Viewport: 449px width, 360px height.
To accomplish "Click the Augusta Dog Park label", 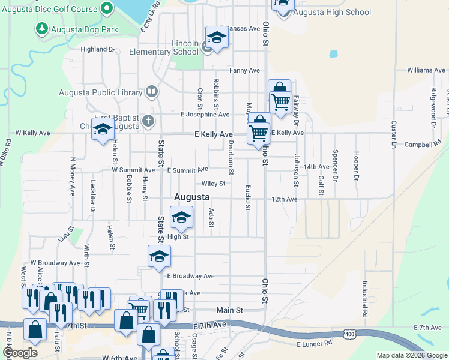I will [x=83, y=28].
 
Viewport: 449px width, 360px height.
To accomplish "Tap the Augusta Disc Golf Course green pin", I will [x=107, y=8].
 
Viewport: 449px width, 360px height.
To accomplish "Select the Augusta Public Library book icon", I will [x=152, y=92].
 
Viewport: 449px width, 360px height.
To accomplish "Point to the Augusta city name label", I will [x=191, y=197].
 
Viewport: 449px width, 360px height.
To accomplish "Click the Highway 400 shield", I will [x=349, y=334].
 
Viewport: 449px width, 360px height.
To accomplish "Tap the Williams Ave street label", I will [x=426, y=70].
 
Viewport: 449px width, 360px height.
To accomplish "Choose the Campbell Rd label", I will [x=427, y=145].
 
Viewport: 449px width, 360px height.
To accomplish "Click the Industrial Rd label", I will [x=364, y=299].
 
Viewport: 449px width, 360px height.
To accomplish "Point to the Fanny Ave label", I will [x=244, y=70].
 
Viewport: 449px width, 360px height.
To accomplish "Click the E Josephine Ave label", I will [x=205, y=114].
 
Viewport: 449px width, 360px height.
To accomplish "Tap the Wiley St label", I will [x=213, y=184].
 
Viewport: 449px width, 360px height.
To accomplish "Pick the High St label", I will [x=178, y=236].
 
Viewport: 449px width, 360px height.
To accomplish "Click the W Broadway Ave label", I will [x=55, y=263].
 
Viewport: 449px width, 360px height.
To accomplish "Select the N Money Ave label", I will [x=72, y=176].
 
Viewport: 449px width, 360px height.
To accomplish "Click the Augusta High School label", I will [x=333, y=12].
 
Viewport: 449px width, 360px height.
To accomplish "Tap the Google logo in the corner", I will [x=19, y=353].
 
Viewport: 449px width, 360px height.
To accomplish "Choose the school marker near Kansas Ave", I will [x=217, y=38].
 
